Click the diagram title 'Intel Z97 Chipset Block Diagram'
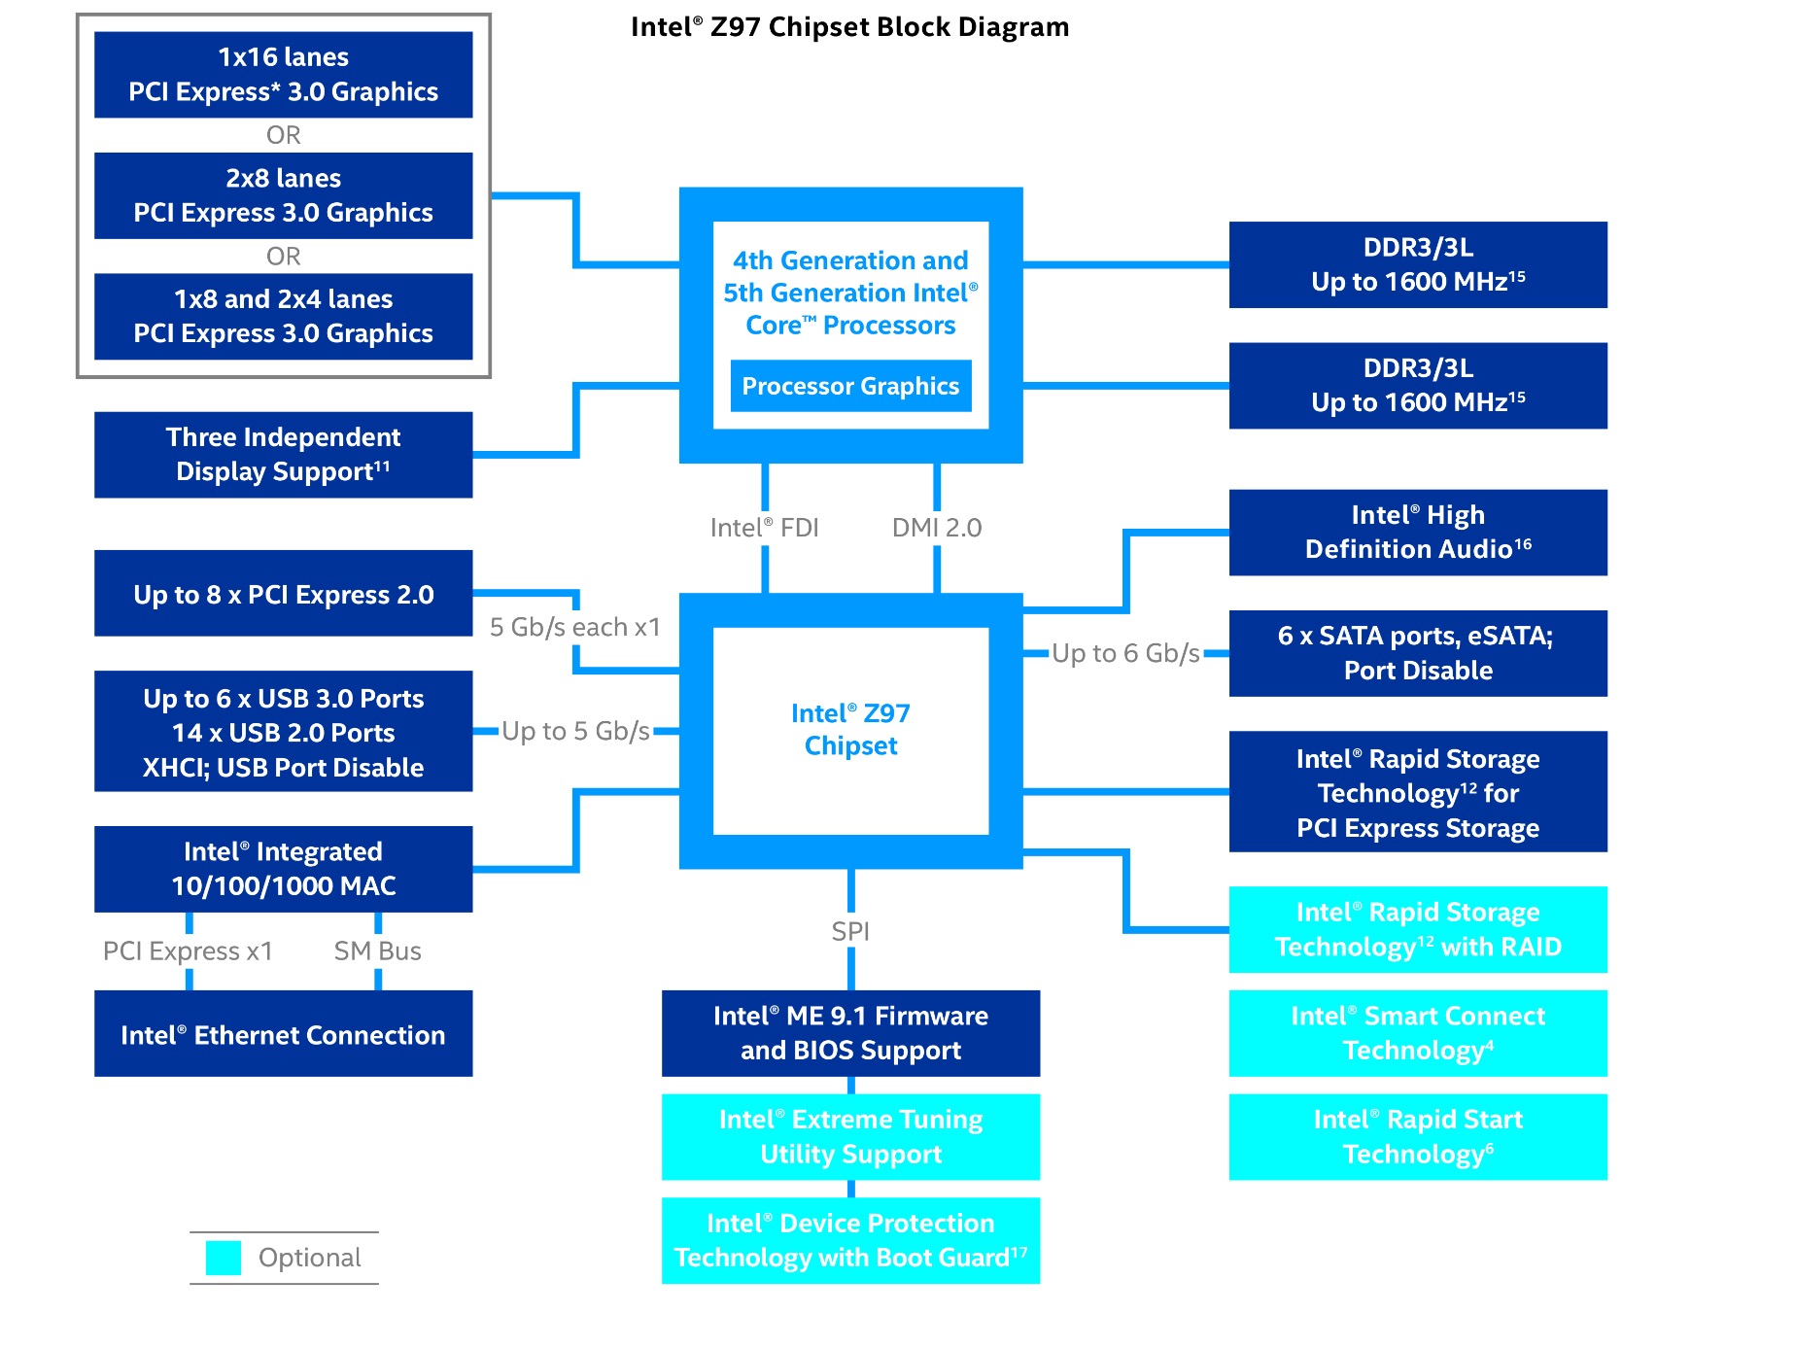pyautogui.click(x=849, y=27)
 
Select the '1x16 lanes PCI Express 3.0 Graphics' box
pyautogui.click(x=283, y=75)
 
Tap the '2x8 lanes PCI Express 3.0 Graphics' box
pyautogui.click(x=283, y=195)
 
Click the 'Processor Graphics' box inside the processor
pyautogui.click(x=850, y=386)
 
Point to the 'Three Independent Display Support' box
pyautogui.click(x=283, y=455)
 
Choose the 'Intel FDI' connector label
pyautogui.click(x=764, y=528)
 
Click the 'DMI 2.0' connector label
pyautogui.click(x=937, y=528)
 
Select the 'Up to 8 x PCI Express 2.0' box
pyautogui.click(x=283, y=594)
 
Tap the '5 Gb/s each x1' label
pyautogui.click(x=574, y=628)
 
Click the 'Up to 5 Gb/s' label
pyautogui.click(x=575, y=731)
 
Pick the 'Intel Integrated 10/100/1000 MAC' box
pyautogui.click(x=283, y=869)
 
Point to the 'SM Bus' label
pyautogui.click(x=377, y=951)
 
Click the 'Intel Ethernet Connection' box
pyautogui.click(x=283, y=1034)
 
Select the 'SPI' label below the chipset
pyautogui.click(x=850, y=932)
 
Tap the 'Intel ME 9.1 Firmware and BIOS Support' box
pyautogui.click(x=850, y=1033)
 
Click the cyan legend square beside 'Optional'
pyautogui.click(x=224, y=1258)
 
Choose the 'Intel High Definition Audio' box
pyautogui.click(x=1417, y=533)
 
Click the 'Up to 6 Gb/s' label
pyautogui.click(x=1125, y=653)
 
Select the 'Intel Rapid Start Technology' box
pyautogui.click(x=1417, y=1137)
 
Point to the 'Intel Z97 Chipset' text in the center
pyautogui.click(x=850, y=730)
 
